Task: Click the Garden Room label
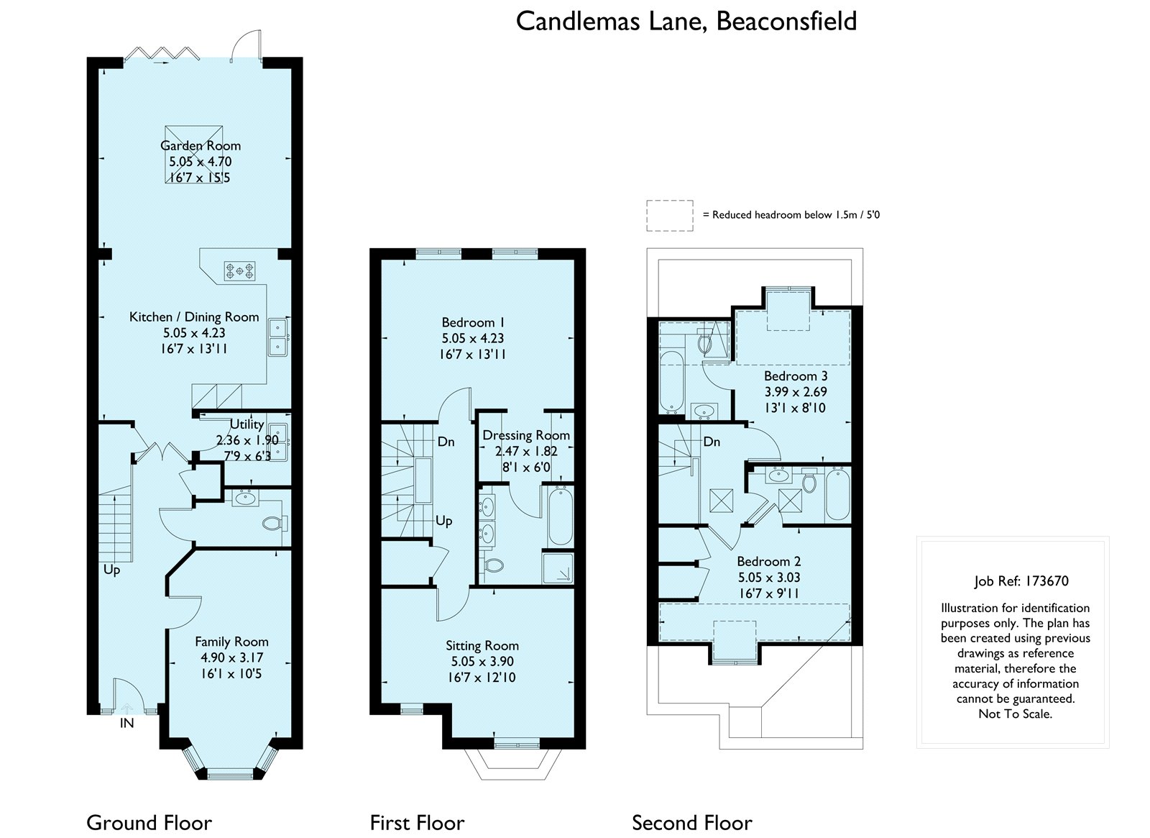(x=201, y=145)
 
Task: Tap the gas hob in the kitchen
(x=240, y=270)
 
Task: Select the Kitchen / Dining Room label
(x=194, y=317)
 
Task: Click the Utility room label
(x=247, y=424)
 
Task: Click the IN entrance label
(x=126, y=724)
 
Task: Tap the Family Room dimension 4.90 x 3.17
(x=231, y=657)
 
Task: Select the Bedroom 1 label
(x=473, y=322)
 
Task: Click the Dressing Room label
(x=526, y=435)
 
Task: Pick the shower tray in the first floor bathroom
(x=558, y=568)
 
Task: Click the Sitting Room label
(x=482, y=645)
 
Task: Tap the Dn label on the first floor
(x=446, y=442)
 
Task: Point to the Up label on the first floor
(x=444, y=521)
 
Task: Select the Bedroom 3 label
(x=796, y=375)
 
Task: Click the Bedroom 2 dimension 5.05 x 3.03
(x=769, y=577)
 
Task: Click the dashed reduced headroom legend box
(x=669, y=215)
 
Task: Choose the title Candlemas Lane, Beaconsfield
(x=686, y=22)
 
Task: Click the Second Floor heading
(x=692, y=823)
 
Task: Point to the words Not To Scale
(x=1015, y=714)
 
